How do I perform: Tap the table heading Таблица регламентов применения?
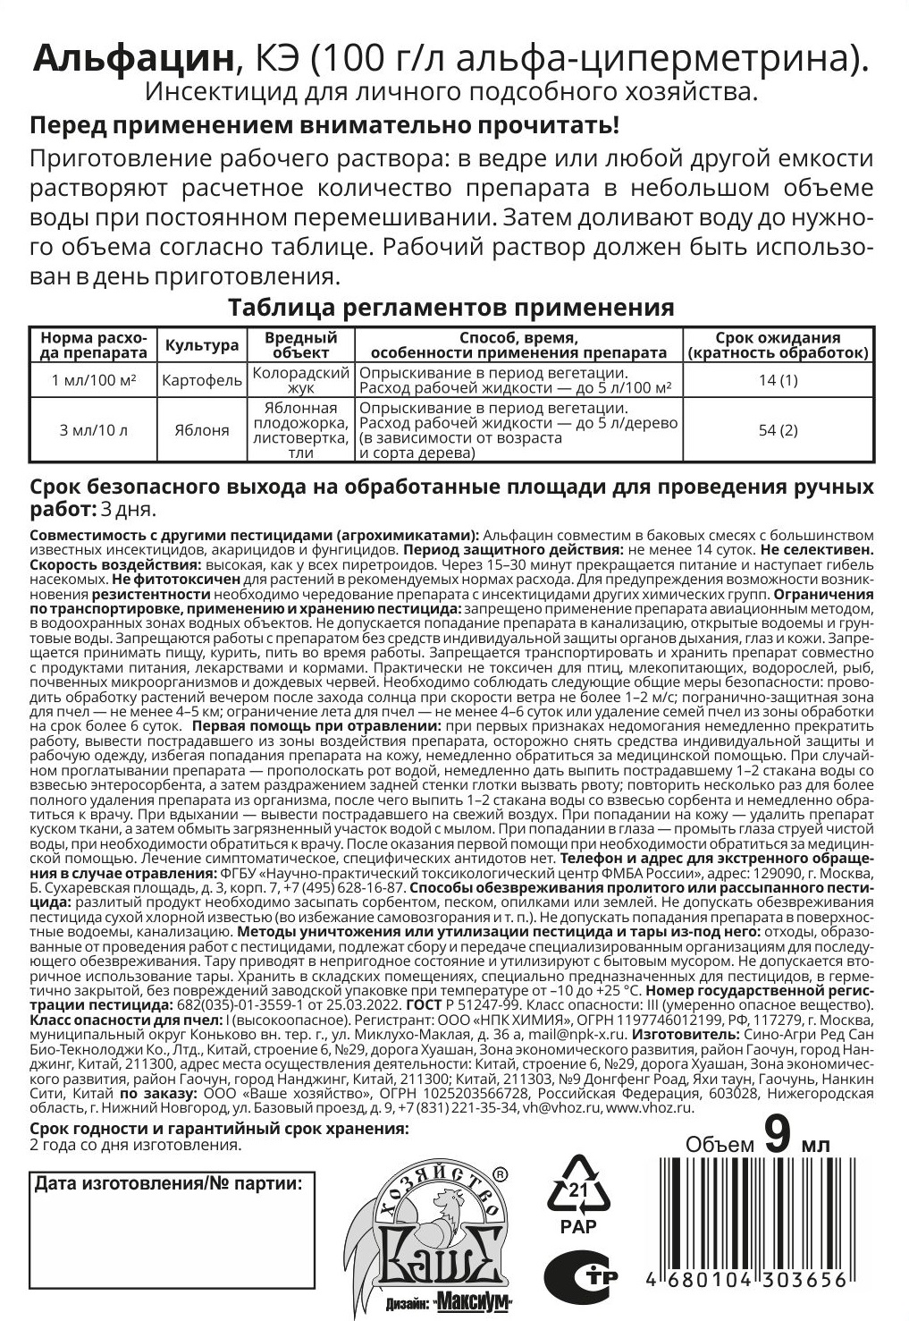[450, 308]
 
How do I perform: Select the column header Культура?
[202, 345]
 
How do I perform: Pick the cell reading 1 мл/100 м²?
[93, 381]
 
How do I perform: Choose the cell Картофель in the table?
[202, 381]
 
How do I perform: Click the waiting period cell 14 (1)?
[777, 381]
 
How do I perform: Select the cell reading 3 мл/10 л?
[93, 430]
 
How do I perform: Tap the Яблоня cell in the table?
[202, 430]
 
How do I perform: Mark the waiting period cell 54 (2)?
[777, 430]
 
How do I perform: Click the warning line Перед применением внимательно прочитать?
[324, 125]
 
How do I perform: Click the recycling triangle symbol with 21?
[579, 1187]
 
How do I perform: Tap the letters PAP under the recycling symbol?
[578, 1227]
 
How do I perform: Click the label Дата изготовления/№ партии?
[167, 1185]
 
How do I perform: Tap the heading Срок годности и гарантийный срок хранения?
[219, 1129]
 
